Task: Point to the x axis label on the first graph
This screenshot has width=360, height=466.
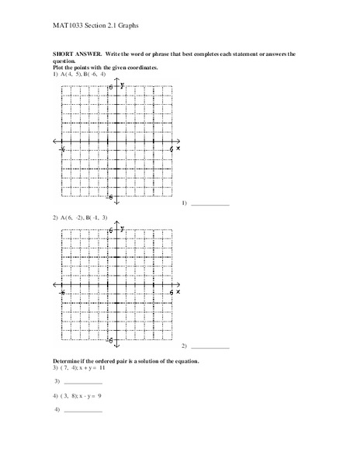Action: point(178,148)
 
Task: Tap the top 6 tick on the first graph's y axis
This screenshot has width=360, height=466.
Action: point(112,87)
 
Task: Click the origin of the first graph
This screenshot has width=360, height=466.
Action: point(116,141)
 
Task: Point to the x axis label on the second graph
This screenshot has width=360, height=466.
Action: point(178,293)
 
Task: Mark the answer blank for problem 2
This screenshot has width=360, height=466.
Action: point(210,346)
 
